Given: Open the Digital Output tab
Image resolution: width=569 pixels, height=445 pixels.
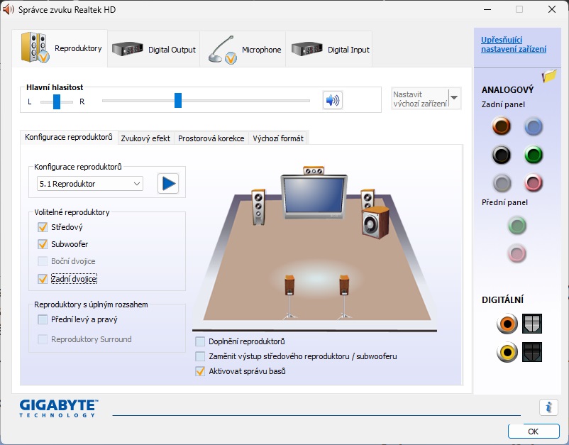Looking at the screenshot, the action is point(154,50).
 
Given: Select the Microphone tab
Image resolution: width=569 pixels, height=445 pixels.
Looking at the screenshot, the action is point(243,50).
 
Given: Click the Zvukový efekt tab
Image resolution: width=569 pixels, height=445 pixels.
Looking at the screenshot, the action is point(145,138).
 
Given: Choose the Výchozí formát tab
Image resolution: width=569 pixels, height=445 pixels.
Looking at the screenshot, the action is point(278,138).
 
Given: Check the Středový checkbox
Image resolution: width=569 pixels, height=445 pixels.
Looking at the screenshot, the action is point(43,227).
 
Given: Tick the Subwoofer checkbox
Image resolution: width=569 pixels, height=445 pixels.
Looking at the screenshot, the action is point(43,244).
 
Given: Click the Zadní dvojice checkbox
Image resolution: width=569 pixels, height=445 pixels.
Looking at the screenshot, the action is point(43,279).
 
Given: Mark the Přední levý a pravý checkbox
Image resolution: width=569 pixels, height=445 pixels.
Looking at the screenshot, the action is point(43,319).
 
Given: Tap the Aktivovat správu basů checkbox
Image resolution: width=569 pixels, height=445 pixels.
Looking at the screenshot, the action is point(200,371).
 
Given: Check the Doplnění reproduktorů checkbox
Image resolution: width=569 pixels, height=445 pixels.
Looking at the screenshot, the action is point(200,341).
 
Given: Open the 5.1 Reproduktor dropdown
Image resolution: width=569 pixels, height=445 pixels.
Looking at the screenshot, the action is point(89,184).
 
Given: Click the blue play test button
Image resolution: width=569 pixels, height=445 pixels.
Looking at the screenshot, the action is point(168,183).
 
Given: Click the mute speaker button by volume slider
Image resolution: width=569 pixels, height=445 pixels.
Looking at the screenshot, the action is point(333,100).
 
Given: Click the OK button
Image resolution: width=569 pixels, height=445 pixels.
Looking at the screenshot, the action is point(533,432).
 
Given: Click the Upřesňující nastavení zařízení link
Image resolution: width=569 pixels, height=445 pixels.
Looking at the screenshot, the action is point(514,44).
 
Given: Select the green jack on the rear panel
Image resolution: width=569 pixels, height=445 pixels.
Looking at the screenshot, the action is point(534,155).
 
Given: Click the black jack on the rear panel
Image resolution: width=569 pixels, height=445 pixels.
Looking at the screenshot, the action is point(502,155).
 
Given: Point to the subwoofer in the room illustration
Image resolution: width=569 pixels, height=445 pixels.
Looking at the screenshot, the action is point(375,222).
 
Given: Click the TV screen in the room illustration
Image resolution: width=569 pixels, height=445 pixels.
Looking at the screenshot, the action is point(314,196).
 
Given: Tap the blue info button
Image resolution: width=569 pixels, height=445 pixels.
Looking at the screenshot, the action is point(548,407).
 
